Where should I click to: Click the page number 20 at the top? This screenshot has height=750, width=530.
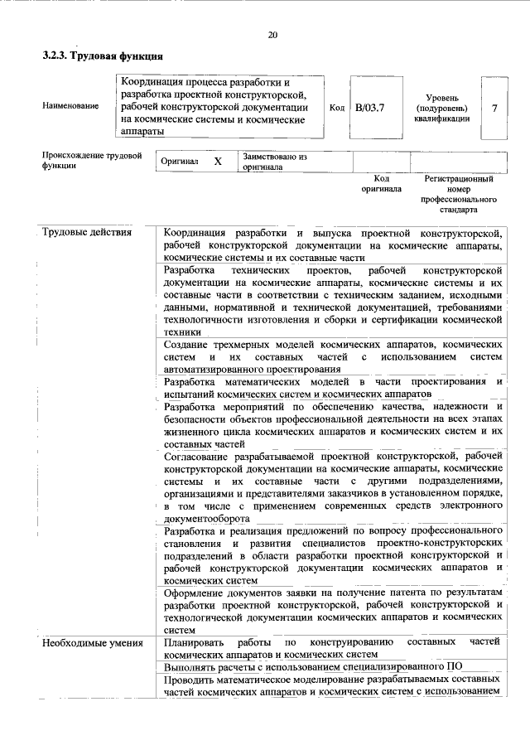[272, 35]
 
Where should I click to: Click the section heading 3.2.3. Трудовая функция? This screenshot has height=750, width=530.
[103, 56]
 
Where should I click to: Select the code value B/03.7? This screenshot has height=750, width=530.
[369, 108]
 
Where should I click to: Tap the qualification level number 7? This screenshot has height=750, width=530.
[494, 108]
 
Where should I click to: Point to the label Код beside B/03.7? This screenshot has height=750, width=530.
[336, 108]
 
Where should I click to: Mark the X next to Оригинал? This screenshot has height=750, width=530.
[218, 162]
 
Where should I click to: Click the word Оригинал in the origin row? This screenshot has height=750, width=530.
[180, 162]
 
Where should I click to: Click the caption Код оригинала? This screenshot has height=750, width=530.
[381, 183]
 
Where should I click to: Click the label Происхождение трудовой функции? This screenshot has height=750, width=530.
[91, 160]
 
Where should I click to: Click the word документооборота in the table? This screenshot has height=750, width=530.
[206, 518]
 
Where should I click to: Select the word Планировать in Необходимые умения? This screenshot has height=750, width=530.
[194, 642]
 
